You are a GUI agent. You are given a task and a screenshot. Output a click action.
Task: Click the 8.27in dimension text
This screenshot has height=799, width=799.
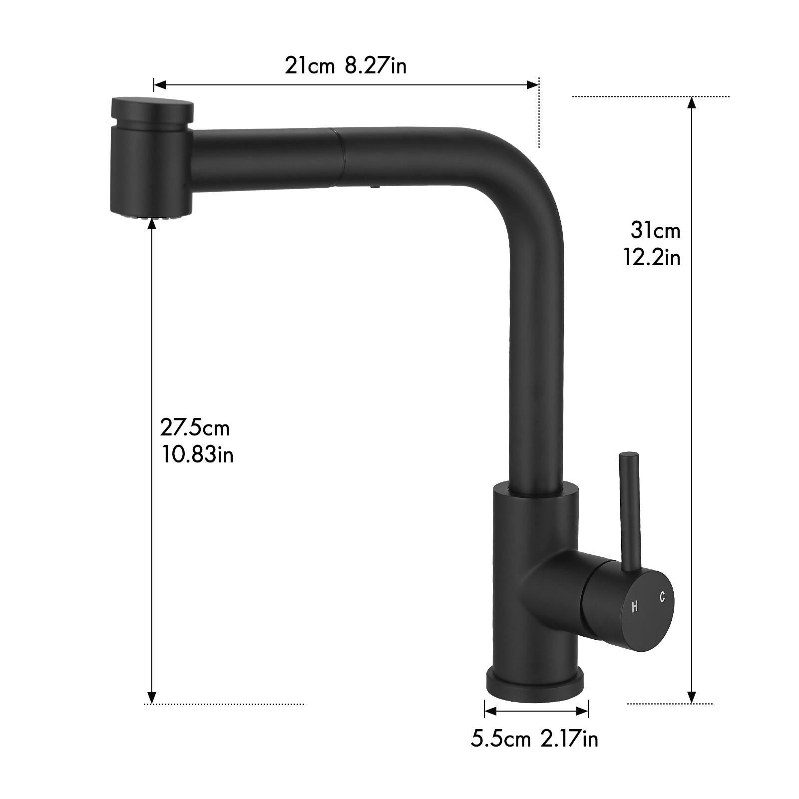point(376,65)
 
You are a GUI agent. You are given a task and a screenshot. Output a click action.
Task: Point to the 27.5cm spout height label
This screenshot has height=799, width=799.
point(195,428)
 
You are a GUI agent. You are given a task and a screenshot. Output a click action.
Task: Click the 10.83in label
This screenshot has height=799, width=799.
point(197,454)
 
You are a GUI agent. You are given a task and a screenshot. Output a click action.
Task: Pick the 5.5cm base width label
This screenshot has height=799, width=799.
point(500,739)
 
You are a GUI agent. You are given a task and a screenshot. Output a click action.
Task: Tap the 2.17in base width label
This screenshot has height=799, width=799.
point(569,739)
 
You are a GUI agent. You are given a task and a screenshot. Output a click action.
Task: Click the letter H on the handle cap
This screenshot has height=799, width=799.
point(634,607)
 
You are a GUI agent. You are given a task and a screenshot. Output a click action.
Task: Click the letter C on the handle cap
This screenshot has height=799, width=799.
point(662,597)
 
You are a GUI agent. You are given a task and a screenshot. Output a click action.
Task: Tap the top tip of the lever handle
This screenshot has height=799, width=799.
point(628,456)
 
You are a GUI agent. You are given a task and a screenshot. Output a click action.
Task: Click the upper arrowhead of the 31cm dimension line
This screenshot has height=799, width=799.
point(692,103)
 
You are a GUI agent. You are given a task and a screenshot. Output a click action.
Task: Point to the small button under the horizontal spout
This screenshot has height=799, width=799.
point(374,187)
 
